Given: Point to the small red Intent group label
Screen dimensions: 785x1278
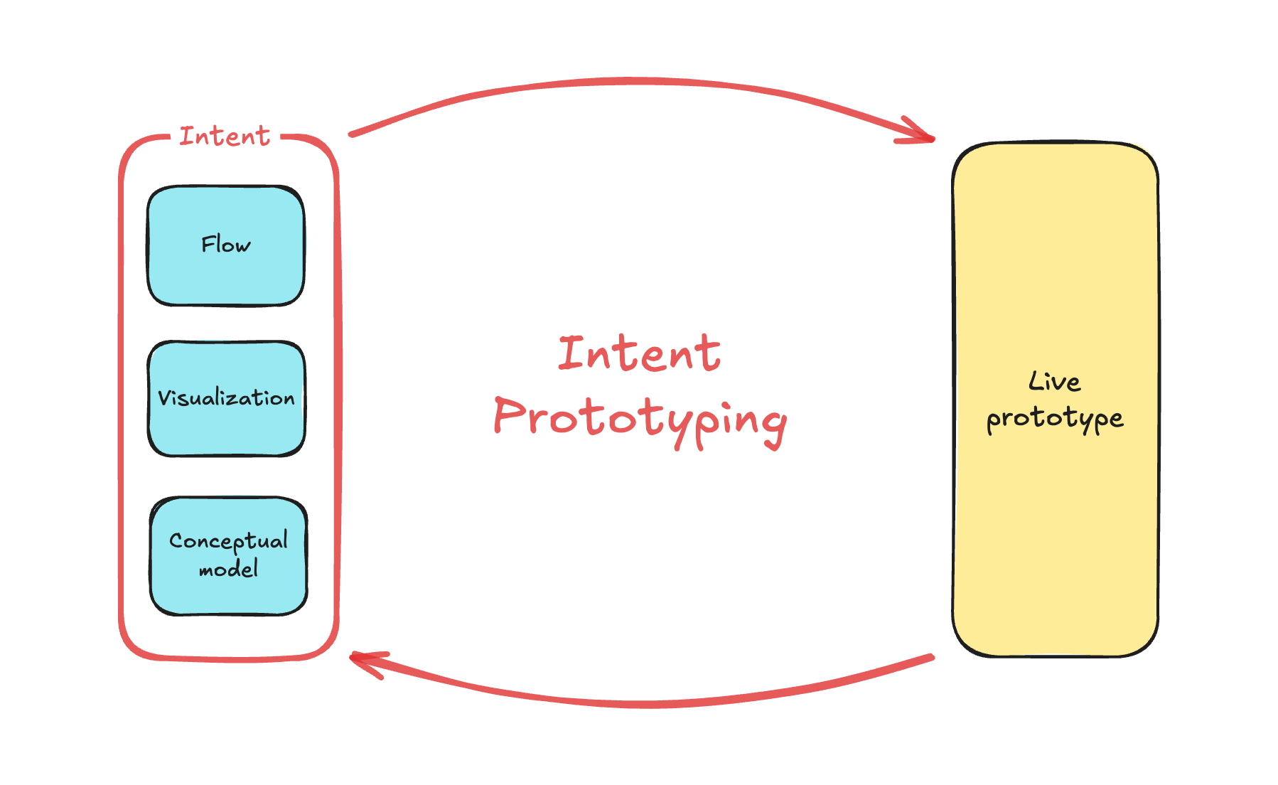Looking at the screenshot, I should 225,136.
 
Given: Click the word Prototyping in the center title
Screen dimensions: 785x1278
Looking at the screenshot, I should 640,420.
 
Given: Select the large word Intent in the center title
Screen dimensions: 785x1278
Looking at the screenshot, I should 639,353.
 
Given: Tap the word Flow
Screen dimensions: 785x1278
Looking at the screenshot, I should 226,245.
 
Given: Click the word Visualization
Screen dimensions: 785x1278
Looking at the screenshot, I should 226,397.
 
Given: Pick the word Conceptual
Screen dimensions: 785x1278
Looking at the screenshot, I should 228,541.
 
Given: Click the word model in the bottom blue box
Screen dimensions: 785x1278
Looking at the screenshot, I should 228,569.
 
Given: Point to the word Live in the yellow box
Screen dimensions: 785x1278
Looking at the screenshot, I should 1054,382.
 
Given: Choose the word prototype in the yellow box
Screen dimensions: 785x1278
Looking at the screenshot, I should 1055,419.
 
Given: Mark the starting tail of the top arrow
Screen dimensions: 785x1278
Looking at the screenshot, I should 352,134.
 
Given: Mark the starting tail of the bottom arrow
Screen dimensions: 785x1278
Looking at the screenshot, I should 931,658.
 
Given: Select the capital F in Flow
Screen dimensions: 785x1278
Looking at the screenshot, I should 208,244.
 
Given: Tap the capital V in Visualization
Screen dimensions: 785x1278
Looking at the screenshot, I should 164,397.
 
